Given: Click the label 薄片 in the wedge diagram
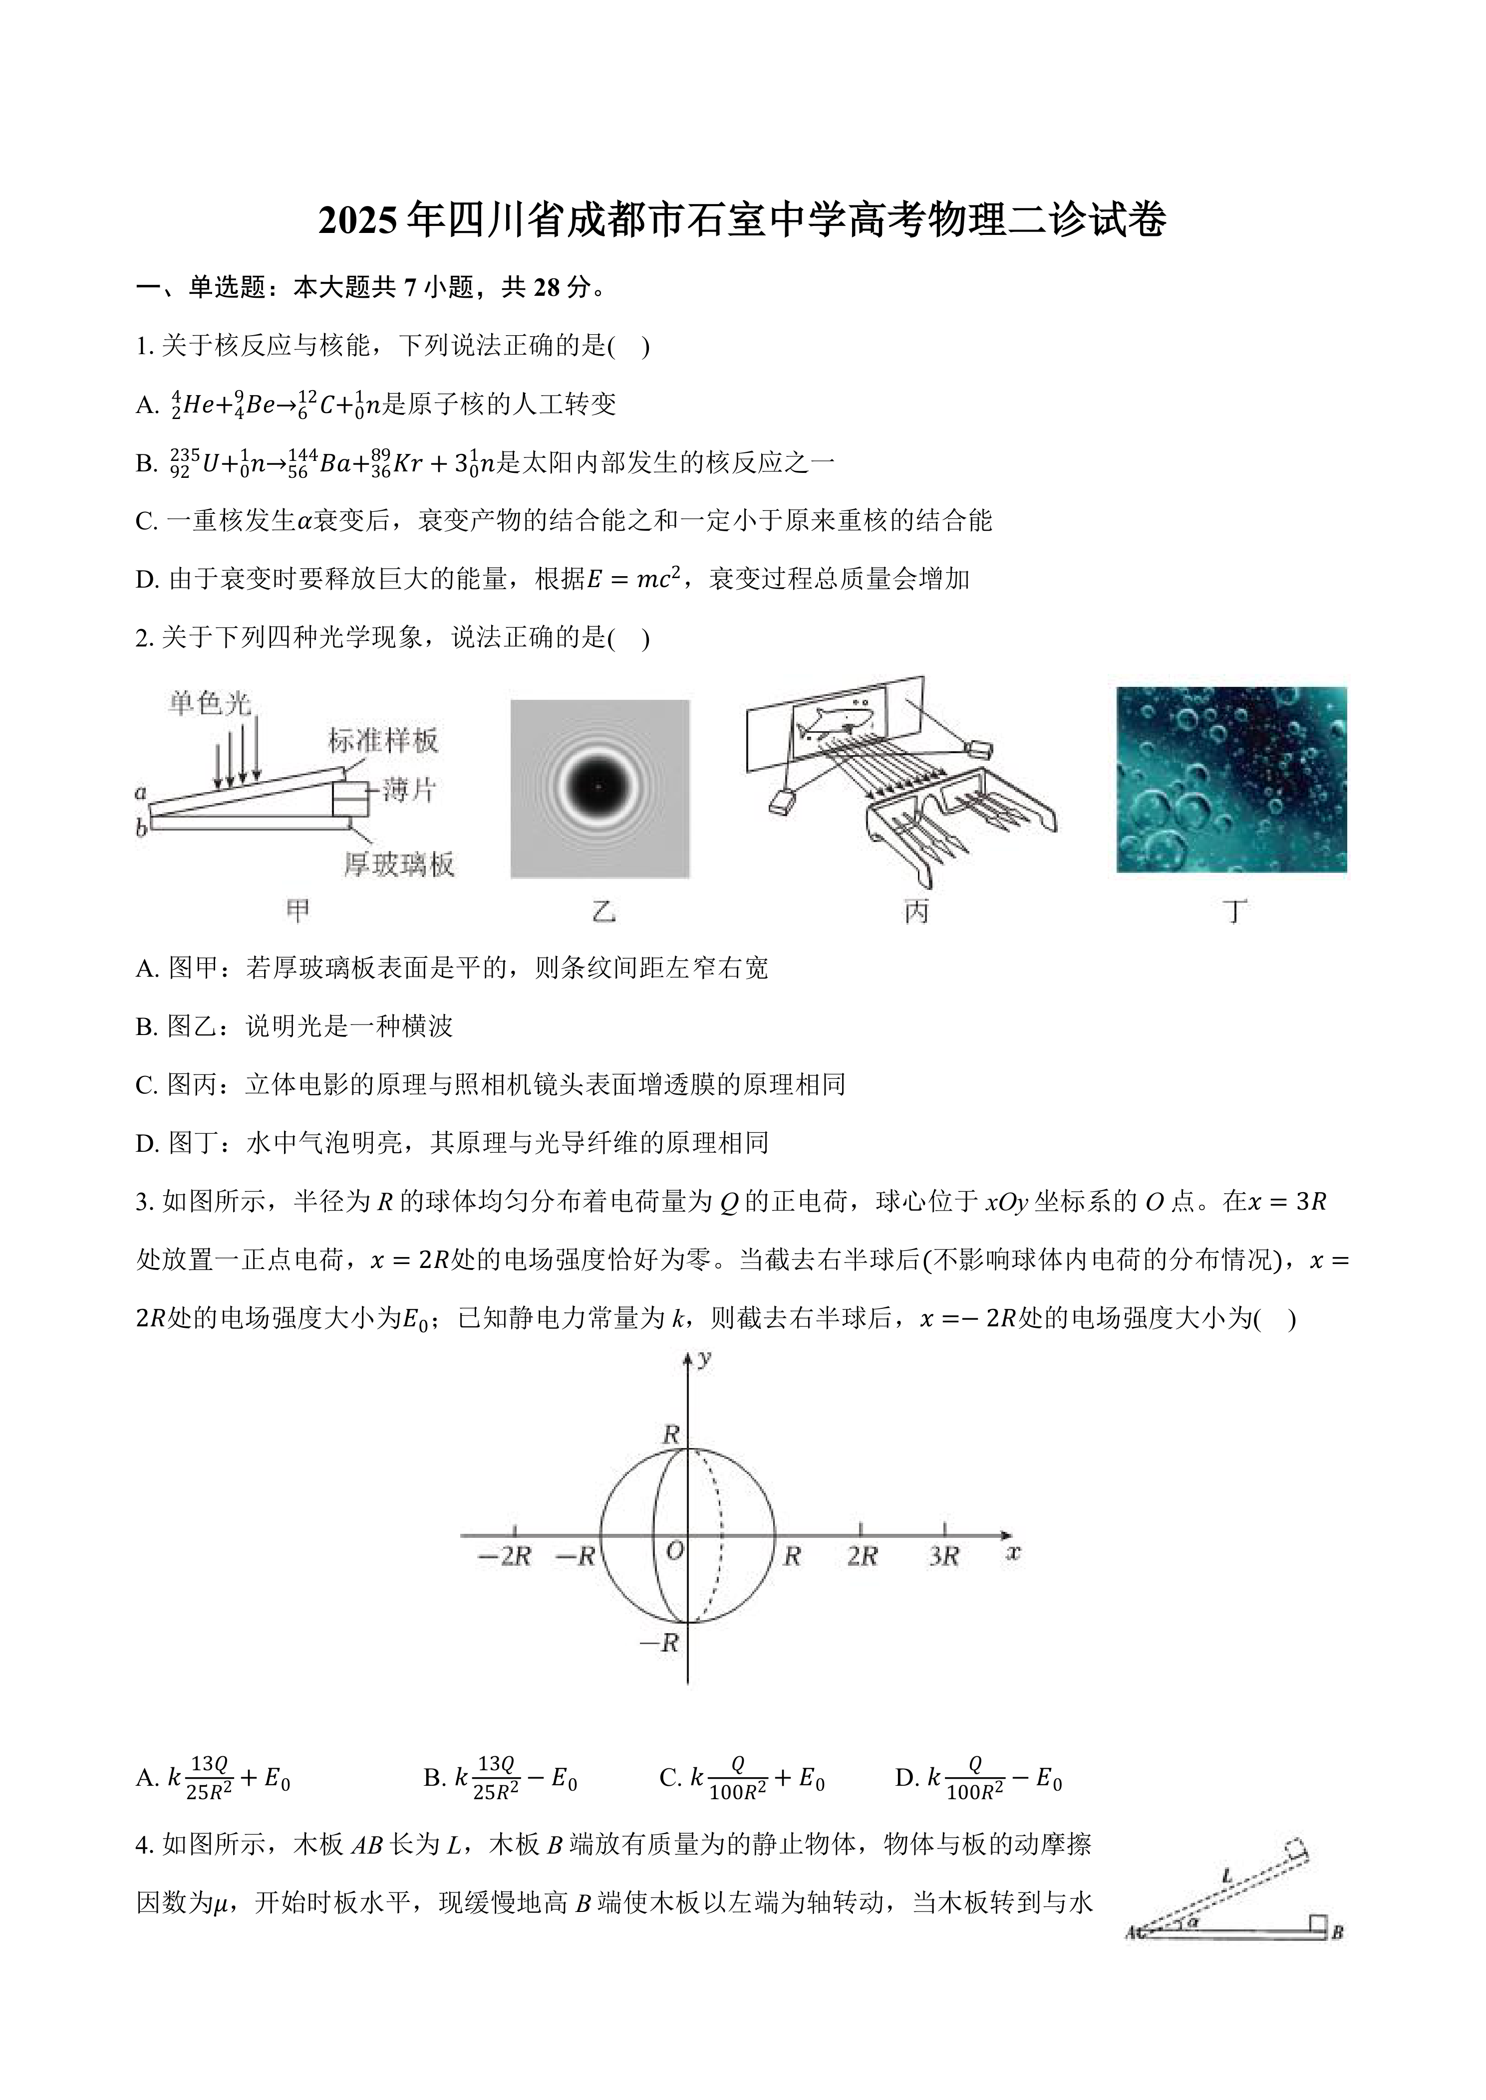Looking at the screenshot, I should coord(409,789).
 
